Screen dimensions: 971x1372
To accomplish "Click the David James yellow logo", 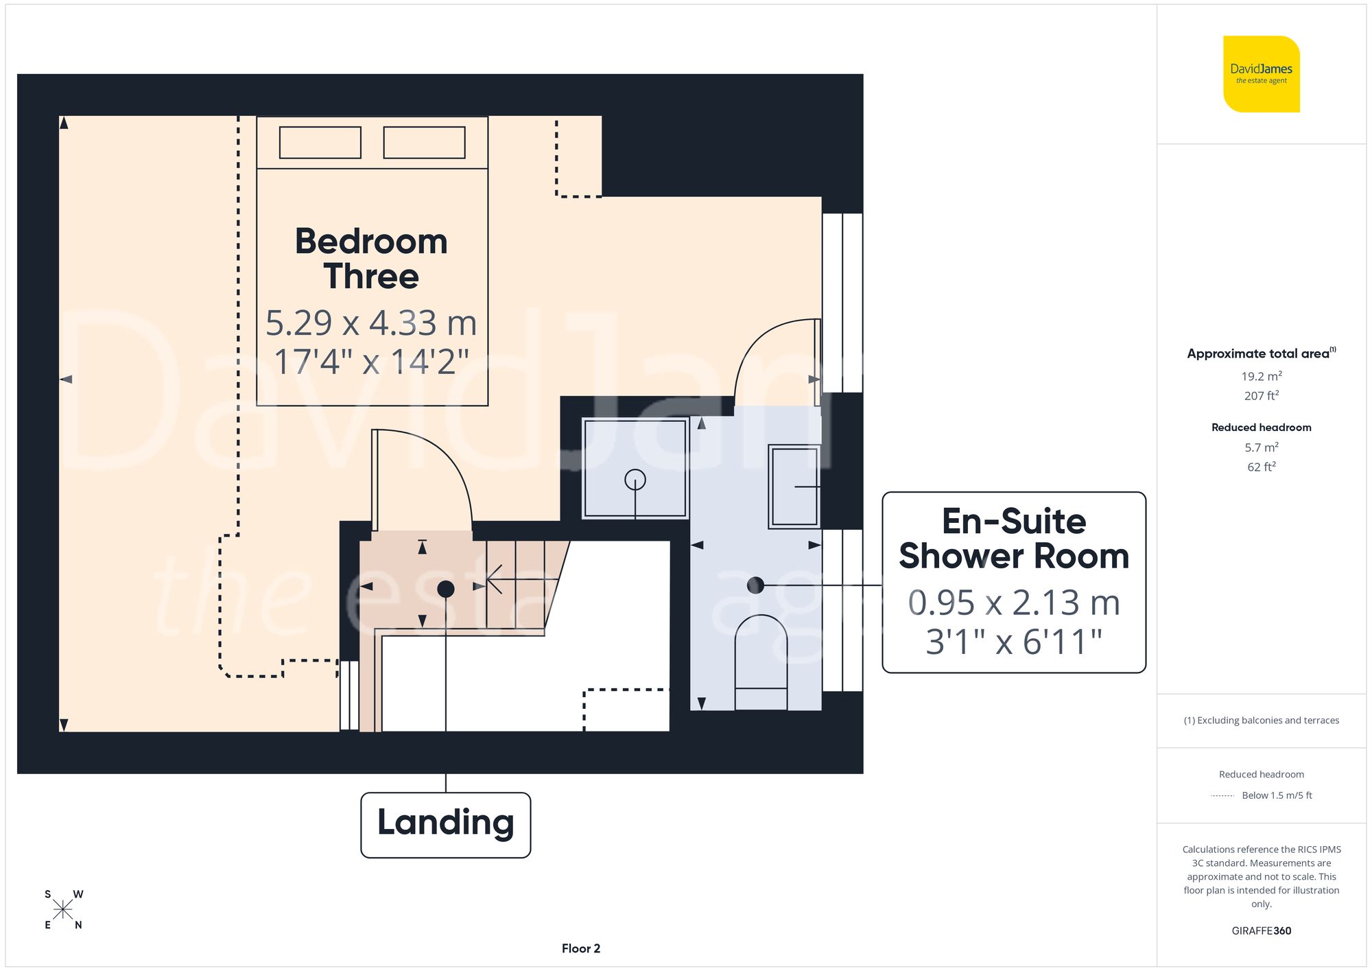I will click(x=1261, y=74).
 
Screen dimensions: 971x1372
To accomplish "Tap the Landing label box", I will click(x=445, y=824).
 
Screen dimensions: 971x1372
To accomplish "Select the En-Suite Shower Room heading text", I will click(x=1013, y=539).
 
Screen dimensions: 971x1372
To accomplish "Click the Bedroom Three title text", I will click(x=371, y=259).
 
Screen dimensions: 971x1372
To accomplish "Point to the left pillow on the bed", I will click(x=320, y=143).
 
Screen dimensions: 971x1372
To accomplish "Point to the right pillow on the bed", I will click(x=424, y=143).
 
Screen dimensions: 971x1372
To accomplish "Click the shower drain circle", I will click(x=635, y=479).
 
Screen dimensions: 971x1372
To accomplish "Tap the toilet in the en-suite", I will click(x=761, y=659).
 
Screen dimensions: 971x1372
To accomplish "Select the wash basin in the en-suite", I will click(x=794, y=486).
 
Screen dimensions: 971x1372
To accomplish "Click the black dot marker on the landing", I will click(x=445, y=589).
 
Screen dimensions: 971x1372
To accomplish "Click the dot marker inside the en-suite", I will click(x=755, y=585).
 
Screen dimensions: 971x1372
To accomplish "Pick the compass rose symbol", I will click(x=63, y=910).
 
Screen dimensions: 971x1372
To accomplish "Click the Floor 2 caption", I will click(x=580, y=948).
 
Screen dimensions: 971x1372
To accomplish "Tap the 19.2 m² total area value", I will click(x=1261, y=376).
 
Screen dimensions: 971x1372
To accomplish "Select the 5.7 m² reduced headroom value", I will click(x=1261, y=447).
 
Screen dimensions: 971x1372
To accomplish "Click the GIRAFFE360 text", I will click(x=1261, y=931).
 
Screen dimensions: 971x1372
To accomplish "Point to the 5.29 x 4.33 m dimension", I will click(x=371, y=323).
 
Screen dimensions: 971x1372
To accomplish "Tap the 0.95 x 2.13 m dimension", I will click(x=1013, y=603).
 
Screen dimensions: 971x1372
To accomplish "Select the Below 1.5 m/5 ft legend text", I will click(x=1276, y=795).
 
